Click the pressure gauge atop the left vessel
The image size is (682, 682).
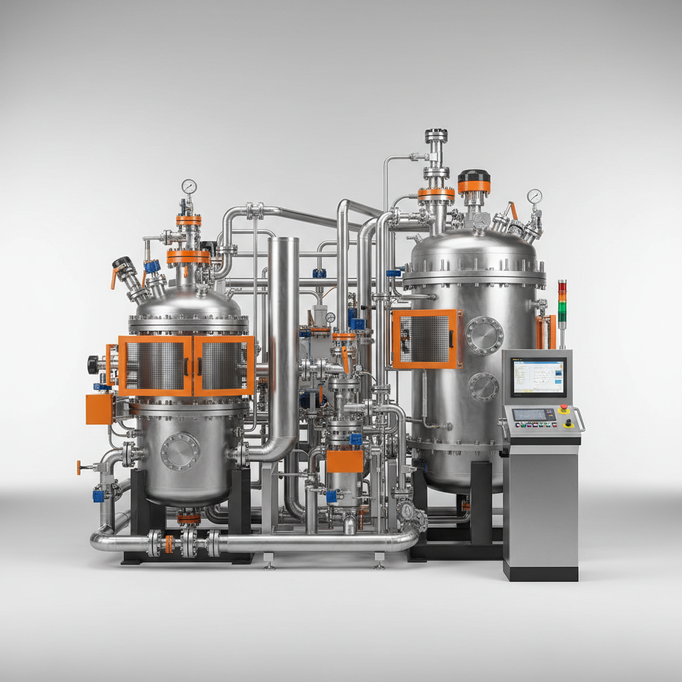tap(189, 186)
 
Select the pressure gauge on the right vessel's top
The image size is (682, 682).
tap(534, 196)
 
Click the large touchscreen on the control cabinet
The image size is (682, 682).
tap(538, 377)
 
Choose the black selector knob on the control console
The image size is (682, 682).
tap(568, 422)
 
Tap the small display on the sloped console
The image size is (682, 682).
tap(533, 414)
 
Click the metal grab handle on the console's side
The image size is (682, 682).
tap(580, 420)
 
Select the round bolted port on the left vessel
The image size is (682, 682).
tap(180, 452)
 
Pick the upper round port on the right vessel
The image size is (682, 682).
tap(484, 335)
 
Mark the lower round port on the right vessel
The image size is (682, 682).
tap(484, 387)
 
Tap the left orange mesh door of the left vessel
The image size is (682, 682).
tap(155, 366)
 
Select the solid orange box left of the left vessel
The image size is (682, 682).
tap(99, 409)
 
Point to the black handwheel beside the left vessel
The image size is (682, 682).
tap(93, 364)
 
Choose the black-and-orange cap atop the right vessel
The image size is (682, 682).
tap(474, 180)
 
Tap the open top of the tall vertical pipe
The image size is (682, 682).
tap(283, 241)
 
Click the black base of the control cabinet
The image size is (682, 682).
tap(540, 573)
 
